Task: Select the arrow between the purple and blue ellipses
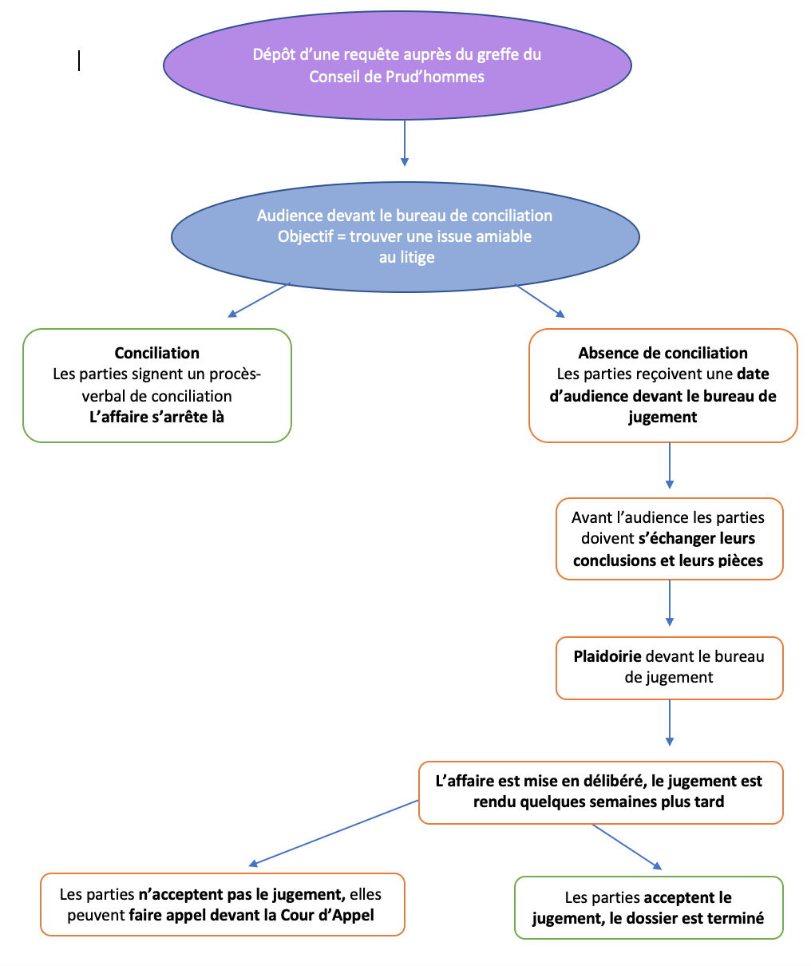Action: (x=405, y=143)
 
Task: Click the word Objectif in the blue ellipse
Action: (x=306, y=236)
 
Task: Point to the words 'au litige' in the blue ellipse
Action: (x=406, y=257)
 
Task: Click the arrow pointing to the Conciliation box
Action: (x=259, y=300)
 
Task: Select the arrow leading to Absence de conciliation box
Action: (x=540, y=301)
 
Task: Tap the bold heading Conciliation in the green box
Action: (x=156, y=353)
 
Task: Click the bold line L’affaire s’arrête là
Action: (x=156, y=417)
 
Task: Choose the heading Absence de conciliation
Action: (x=663, y=353)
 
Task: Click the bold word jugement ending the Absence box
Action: (x=663, y=418)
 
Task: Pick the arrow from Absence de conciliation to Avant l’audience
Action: (x=669, y=465)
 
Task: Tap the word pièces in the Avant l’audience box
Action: (x=740, y=560)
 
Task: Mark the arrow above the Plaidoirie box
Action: (x=669, y=603)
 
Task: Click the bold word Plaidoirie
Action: (x=607, y=656)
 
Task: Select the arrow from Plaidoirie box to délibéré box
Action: (x=669, y=723)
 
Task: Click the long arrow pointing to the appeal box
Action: (x=333, y=833)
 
